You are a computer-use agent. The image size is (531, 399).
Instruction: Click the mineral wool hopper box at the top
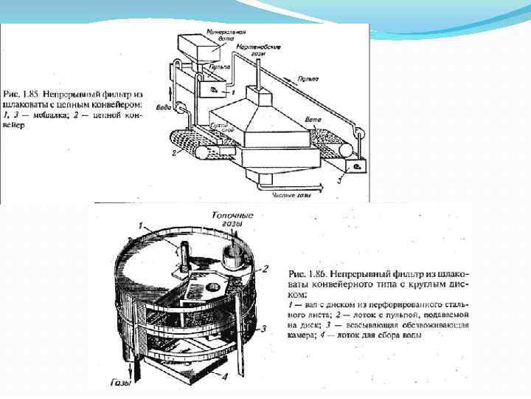(199, 51)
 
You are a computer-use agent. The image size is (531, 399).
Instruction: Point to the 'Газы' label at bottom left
(121, 383)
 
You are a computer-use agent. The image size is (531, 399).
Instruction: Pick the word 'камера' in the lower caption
(301, 335)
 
